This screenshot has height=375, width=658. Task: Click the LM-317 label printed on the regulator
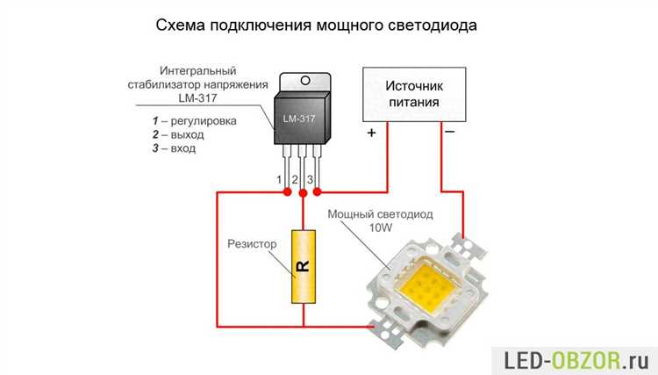click(301, 114)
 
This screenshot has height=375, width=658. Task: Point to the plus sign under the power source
click(371, 133)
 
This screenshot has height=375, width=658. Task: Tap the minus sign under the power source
click(449, 133)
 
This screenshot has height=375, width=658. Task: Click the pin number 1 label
click(280, 179)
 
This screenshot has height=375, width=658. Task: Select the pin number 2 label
click(296, 179)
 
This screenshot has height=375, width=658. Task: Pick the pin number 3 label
click(311, 179)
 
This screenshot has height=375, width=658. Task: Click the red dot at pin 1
click(288, 191)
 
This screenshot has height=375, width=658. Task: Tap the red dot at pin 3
click(318, 191)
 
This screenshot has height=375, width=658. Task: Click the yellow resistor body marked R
click(302, 266)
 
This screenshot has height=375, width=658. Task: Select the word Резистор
click(252, 243)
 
